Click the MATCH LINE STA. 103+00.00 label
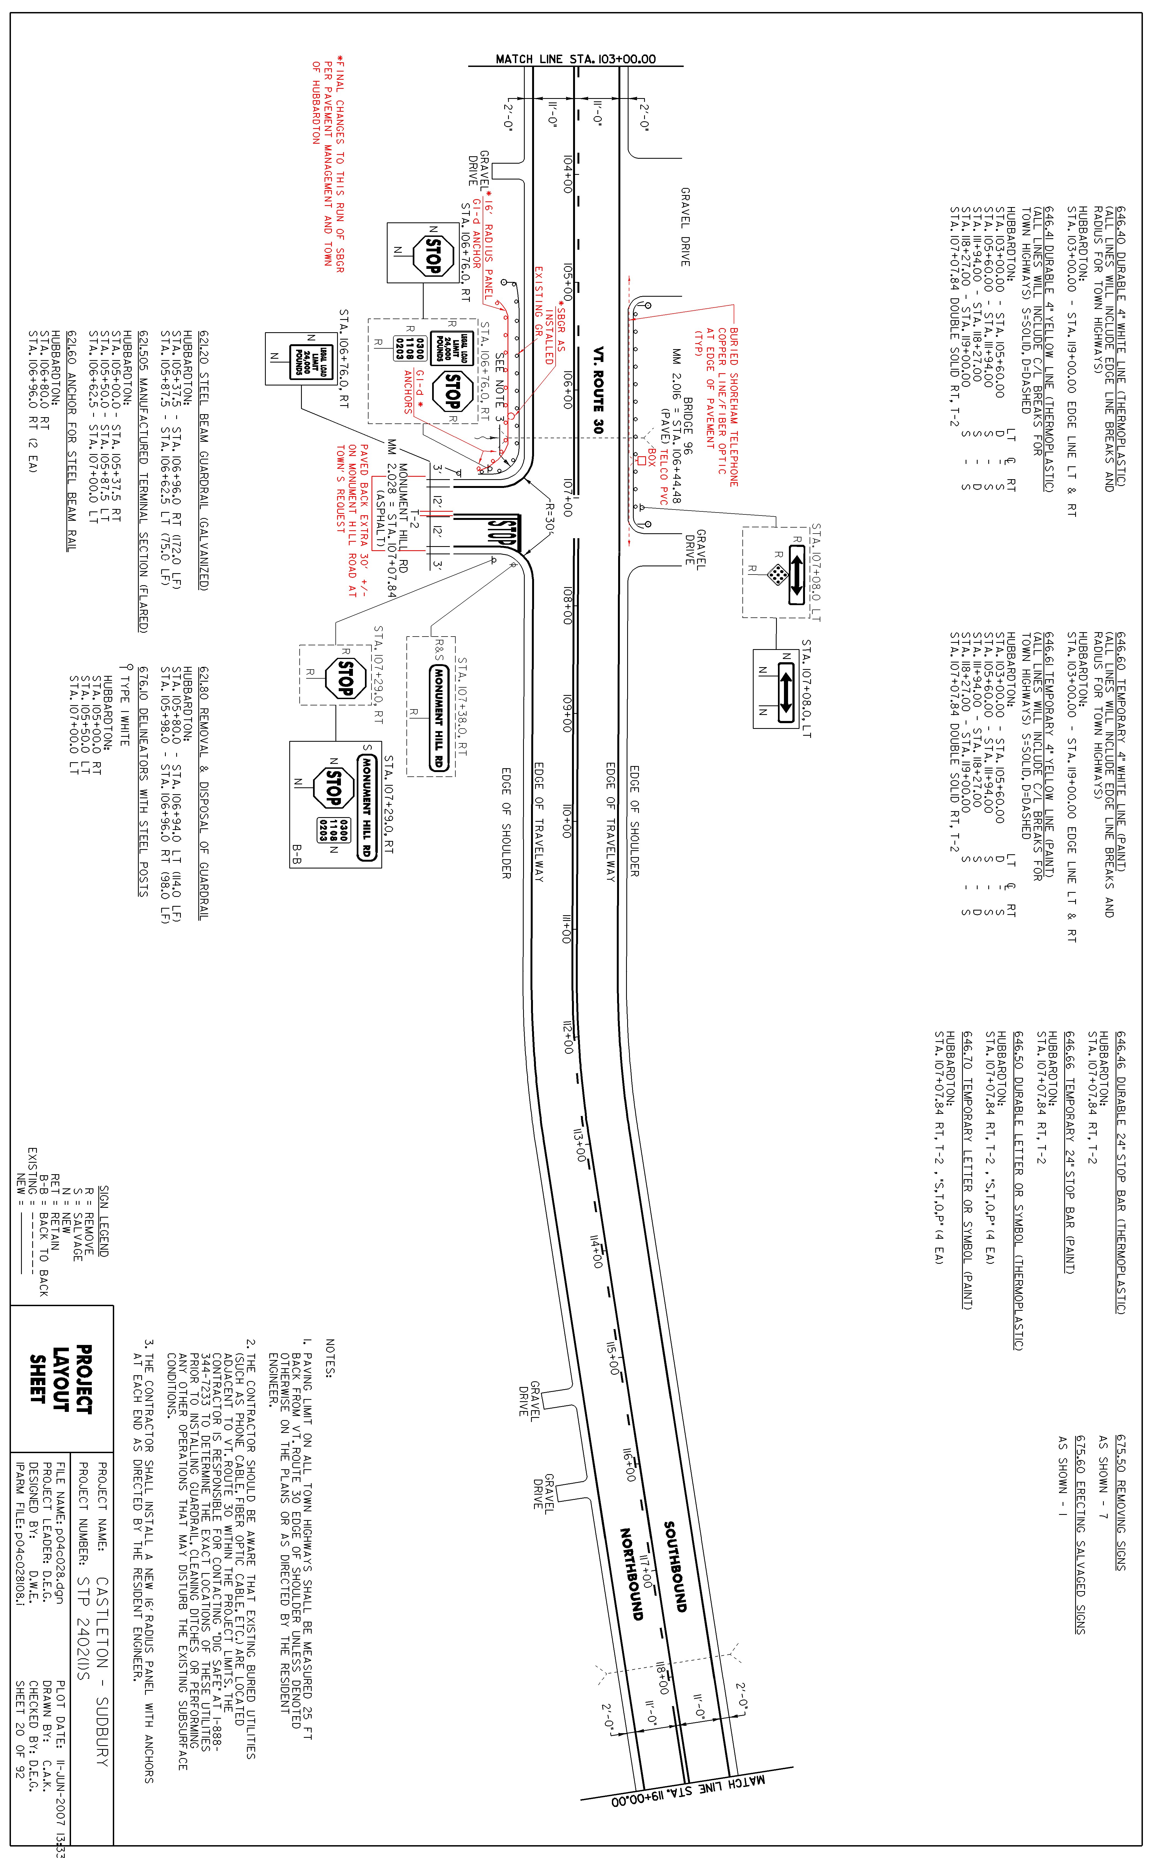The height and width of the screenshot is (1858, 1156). click(x=575, y=59)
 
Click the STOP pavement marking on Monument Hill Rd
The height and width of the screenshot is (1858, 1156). click(x=502, y=532)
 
